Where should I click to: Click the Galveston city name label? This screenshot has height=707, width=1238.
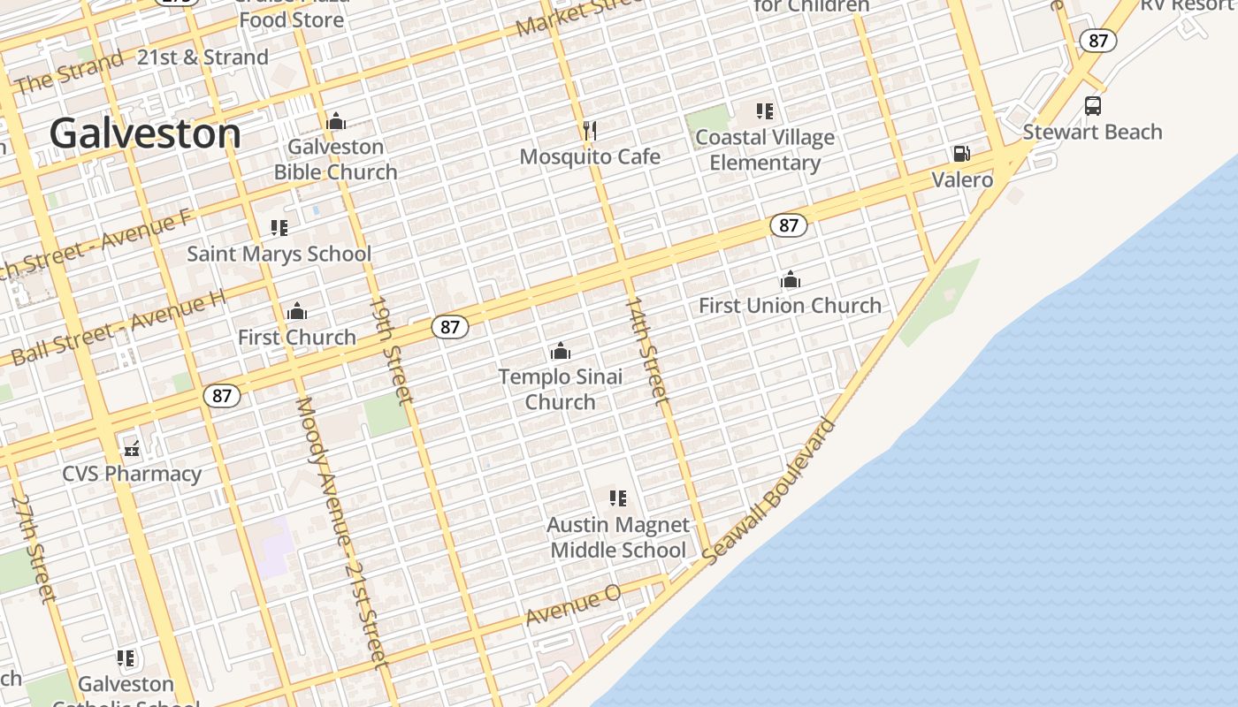coord(145,133)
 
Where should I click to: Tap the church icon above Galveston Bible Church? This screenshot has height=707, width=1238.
coord(336,121)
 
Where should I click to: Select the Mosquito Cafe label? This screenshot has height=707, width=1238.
coord(590,156)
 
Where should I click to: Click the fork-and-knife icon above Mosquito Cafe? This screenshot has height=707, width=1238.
coord(590,132)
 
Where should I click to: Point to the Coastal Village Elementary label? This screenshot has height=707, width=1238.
coord(765,150)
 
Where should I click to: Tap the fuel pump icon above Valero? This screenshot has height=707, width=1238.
coord(961,154)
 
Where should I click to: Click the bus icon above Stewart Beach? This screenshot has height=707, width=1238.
coord(1093,106)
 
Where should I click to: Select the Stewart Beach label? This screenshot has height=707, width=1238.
coord(1092,132)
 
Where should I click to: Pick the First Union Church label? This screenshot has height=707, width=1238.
coord(790,306)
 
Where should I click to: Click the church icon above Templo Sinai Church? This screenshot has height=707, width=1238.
coord(561,352)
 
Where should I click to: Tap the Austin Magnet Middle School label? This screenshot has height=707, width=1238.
coord(617,537)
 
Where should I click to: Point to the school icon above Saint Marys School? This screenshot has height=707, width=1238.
coord(279,229)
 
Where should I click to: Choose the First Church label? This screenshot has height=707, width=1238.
coord(297,337)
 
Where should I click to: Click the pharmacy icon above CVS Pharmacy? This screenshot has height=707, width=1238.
coord(132,449)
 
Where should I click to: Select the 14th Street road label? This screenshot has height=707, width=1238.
coord(647,351)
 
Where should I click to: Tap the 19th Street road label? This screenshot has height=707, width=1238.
coord(391,350)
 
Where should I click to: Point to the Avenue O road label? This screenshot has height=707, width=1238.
coord(573,607)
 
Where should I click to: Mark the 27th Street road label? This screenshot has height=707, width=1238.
coord(34,548)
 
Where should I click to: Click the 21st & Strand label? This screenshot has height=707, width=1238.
coord(203,57)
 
